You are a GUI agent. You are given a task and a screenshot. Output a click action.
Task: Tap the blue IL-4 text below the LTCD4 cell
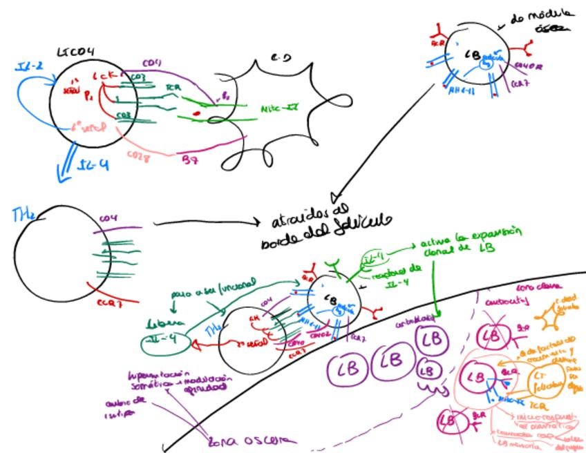pyautogui.click(x=93, y=166)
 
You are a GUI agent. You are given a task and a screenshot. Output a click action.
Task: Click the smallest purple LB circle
pyautogui.click(x=428, y=371)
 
